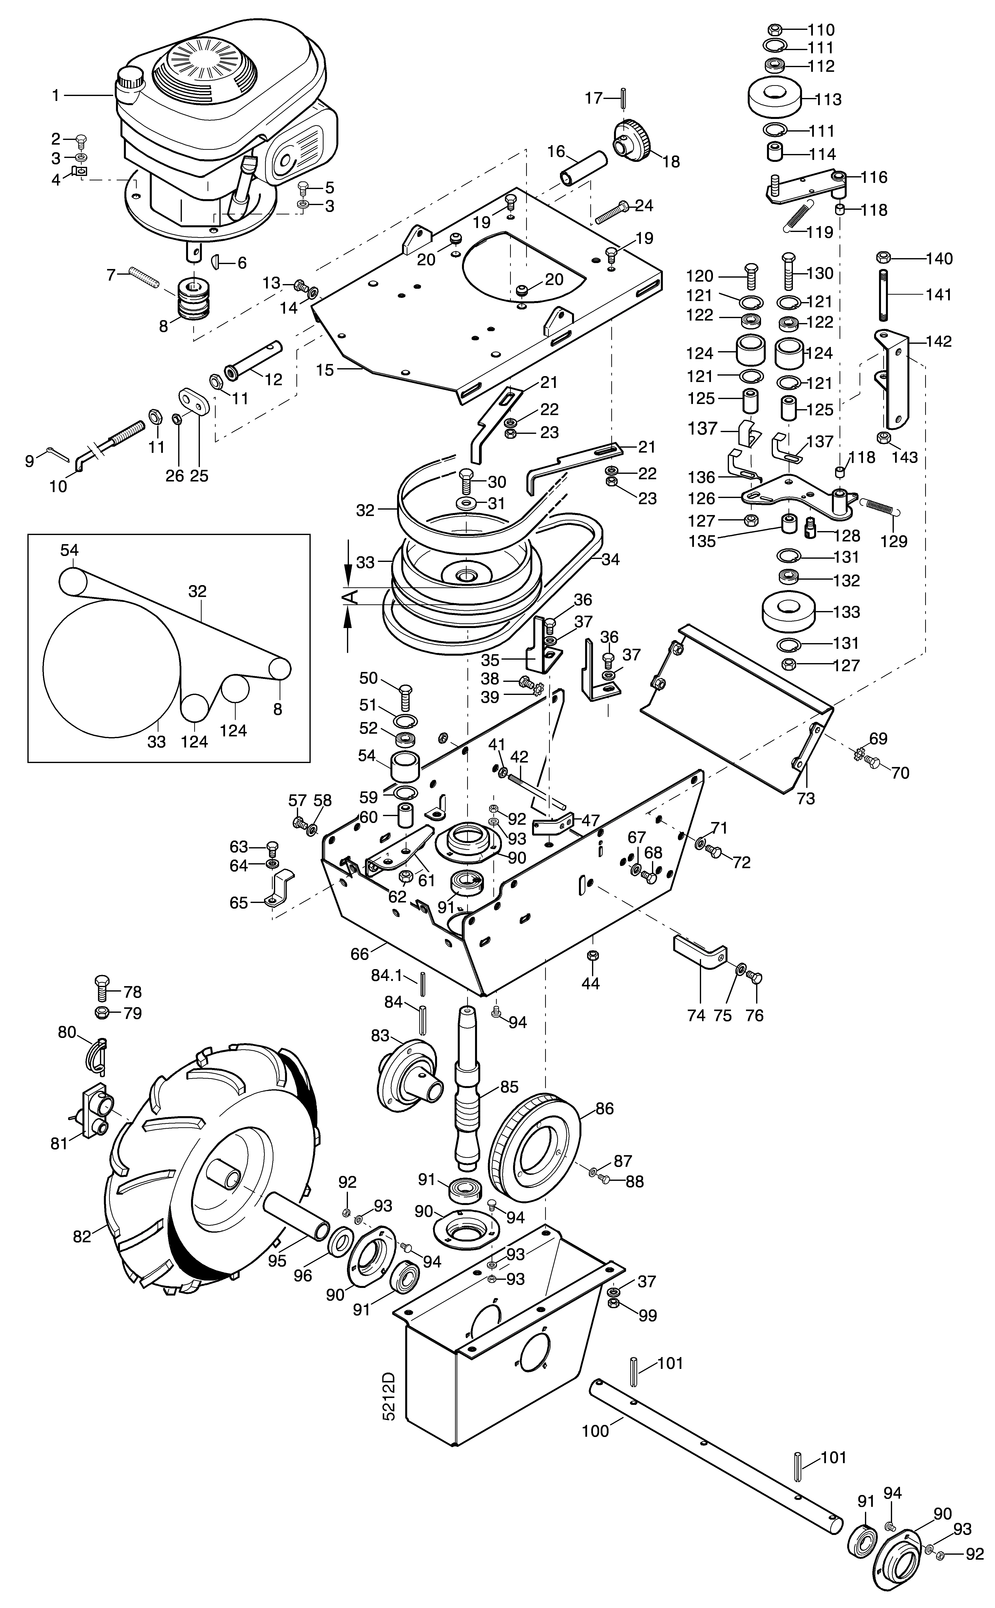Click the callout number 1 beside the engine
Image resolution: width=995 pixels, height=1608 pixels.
coord(56,96)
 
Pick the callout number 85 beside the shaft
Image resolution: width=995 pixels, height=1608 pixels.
coord(509,1087)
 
